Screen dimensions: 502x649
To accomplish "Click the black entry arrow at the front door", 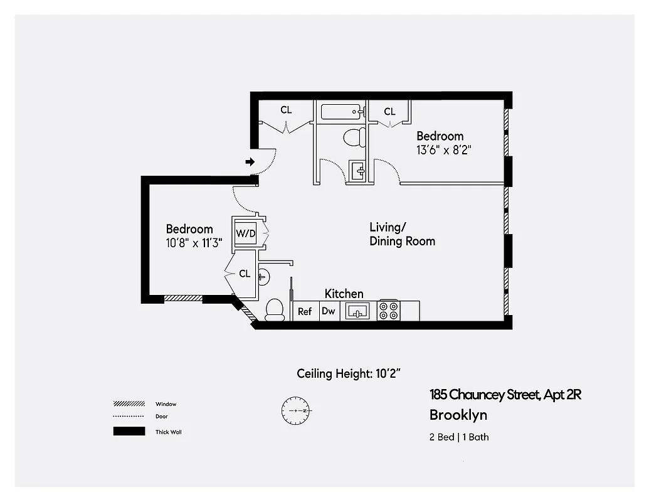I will tap(250, 162).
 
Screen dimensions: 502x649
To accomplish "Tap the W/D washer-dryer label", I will tap(246, 233).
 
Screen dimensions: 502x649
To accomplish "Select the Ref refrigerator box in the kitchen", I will tap(305, 311).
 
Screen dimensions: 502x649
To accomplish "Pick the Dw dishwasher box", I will tap(329, 311).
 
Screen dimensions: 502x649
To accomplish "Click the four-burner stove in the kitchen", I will tap(388, 311).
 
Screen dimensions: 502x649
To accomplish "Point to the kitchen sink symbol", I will tap(358, 311).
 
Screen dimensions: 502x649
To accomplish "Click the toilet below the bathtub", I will tap(354, 136).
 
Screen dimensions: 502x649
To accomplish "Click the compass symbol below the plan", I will tap(295, 410).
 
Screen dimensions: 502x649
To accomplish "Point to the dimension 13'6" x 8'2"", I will tap(443, 150).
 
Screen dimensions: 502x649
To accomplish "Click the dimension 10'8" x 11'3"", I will tap(194, 243).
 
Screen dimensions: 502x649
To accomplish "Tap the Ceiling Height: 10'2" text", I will tap(349, 374).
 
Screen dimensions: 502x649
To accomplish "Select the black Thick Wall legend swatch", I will tap(129, 432).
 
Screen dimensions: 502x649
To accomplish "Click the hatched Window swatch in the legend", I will tap(129, 403).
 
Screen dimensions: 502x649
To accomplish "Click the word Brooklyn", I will tap(458, 415).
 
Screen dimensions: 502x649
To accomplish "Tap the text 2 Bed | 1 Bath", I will tap(459, 437).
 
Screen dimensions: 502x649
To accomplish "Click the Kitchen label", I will tap(344, 294).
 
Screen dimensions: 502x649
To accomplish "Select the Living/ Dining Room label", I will tap(402, 234).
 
